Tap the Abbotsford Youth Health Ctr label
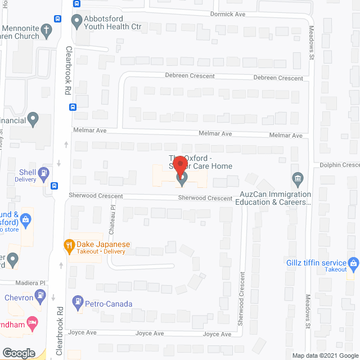[112, 22]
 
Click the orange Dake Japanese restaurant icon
[69, 245]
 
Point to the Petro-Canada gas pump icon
[77, 304]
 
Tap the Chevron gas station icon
[40, 295]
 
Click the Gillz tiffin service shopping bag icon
[353, 262]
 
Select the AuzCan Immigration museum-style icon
[298, 179]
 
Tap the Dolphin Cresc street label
[339, 165]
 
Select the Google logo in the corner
[19, 353]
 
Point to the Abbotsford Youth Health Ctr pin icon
[77, 22]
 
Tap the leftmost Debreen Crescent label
[190, 76]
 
